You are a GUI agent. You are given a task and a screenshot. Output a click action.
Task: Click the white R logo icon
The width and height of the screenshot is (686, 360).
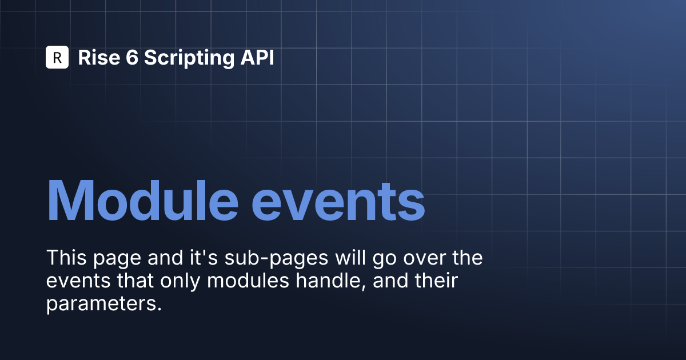click(x=57, y=57)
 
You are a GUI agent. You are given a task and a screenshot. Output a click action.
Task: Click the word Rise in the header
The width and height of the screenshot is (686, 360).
click(x=99, y=57)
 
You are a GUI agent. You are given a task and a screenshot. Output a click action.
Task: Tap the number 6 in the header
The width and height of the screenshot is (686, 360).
click(x=132, y=57)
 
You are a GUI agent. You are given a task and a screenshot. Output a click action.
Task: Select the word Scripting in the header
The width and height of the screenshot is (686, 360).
click(x=189, y=58)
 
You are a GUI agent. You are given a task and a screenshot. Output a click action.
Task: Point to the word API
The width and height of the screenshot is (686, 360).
click(x=257, y=57)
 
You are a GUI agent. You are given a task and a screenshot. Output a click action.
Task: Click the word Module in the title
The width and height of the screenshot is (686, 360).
click(x=143, y=200)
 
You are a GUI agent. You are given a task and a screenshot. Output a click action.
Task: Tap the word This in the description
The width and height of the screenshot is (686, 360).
click(x=66, y=258)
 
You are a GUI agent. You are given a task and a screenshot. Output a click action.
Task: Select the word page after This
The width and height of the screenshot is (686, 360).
click(x=117, y=259)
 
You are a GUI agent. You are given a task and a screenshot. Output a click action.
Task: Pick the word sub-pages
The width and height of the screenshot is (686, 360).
click(x=276, y=259)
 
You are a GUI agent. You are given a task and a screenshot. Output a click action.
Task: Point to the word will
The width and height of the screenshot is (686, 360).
click(x=350, y=257)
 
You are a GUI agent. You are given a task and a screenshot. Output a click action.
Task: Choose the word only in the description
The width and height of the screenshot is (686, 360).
click(x=180, y=282)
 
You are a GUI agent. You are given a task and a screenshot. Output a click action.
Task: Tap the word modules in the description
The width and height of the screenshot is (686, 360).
click(x=248, y=281)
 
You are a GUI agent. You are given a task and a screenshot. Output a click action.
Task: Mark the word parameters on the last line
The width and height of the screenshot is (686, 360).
click(x=101, y=305)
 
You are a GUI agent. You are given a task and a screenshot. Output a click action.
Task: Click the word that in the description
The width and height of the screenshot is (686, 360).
click(x=135, y=281)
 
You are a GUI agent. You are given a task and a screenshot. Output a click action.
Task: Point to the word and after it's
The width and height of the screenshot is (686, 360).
click(x=165, y=258)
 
